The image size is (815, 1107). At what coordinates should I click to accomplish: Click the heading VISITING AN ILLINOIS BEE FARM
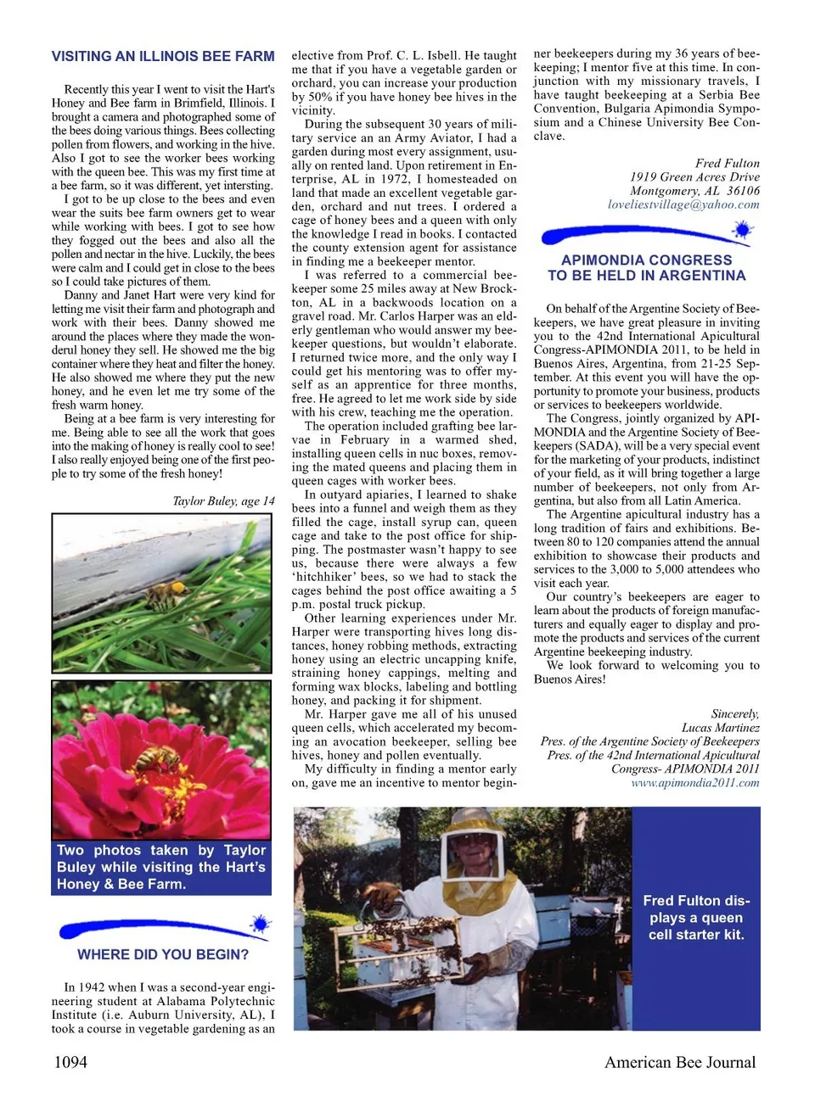pyautogui.click(x=163, y=57)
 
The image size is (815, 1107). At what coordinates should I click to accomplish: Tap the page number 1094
pyautogui.click(x=70, y=1062)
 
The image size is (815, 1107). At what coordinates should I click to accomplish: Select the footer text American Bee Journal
pyautogui.click(x=679, y=1062)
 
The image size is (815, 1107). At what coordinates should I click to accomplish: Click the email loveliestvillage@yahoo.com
pyautogui.click(x=683, y=204)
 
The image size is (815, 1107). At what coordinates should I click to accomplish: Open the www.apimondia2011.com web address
pyautogui.click(x=694, y=783)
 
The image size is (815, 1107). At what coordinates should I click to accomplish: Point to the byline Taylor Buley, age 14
pyautogui.click(x=223, y=501)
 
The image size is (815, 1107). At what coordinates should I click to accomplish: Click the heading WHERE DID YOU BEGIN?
pyautogui.click(x=163, y=954)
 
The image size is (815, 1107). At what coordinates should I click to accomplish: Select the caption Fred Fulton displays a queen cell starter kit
pyautogui.click(x=696, y=918)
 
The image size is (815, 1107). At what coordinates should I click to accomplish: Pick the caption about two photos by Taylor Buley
pyautogui.click(x=161, y=867)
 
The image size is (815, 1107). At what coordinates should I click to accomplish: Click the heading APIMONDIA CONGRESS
pyautogui.click(x=646, y=268)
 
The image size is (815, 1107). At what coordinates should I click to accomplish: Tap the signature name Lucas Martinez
pyautogui.click(x=720, y=728)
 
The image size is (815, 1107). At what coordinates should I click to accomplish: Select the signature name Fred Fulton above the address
pyautogui.click(x=727, y=164)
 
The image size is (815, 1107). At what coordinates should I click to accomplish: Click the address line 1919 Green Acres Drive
pyautogui.click(x=694, y=177)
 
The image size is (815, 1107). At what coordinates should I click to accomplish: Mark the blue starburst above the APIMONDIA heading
pyautogui.click(x=742, y=229)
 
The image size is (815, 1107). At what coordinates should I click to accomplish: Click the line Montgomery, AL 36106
pyautogui.click(x=694, y=191)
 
